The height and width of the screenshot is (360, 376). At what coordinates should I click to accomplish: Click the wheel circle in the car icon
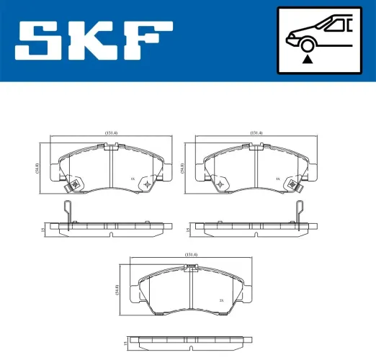pyautogui.click(x=308, y=45)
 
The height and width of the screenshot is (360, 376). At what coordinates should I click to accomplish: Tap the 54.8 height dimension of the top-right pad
pyautogui.click(x=184, y=168)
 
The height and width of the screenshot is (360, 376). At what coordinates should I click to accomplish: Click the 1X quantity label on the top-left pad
pyautogui.click(x=132, y=179)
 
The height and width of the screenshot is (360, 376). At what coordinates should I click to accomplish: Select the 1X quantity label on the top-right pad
pyautogui.click(x=277, y=179)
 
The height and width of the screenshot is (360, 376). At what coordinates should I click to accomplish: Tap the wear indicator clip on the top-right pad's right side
pyautogui.click(x=294, y=186)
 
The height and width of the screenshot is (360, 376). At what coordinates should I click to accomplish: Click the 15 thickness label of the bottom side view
pyautogui.click(x=125, y=338)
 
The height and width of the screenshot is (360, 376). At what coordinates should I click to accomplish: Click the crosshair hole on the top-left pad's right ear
pyautogui.click(x=148, y=184)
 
